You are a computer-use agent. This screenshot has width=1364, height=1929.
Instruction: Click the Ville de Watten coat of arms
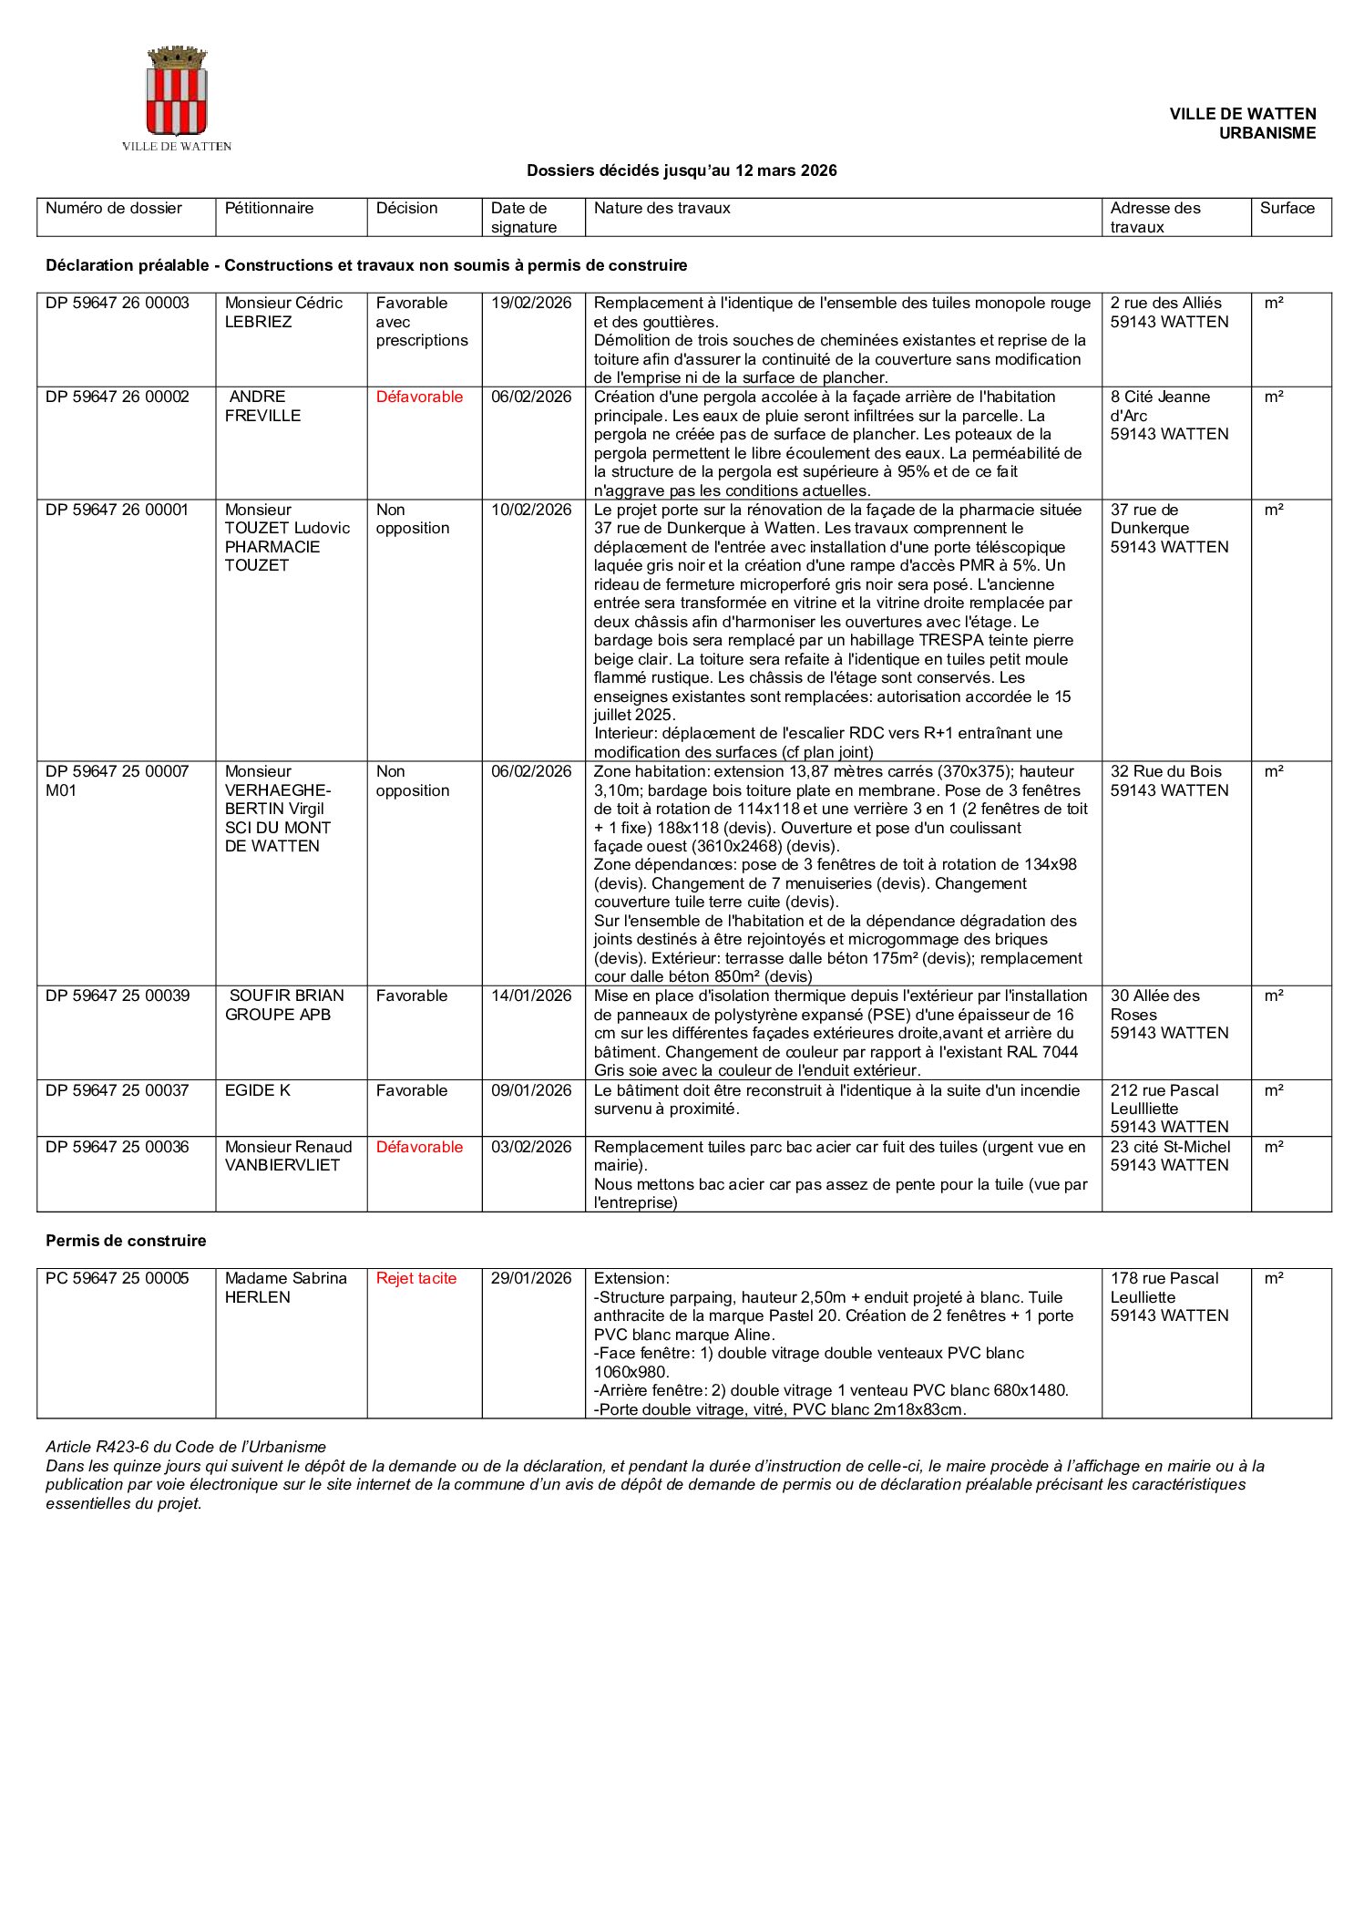point(177,93)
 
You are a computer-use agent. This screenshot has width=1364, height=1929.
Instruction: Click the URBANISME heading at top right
point(1267,133)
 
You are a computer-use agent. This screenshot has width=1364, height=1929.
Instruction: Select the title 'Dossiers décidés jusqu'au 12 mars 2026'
point(682,170)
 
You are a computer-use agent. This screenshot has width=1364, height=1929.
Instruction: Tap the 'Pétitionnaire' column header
point(269,208)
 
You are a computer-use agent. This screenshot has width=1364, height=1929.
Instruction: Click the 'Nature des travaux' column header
point(661,208)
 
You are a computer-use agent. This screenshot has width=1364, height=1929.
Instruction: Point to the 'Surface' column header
point(1287,208)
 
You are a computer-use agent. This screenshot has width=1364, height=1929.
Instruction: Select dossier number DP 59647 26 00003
point(118,303)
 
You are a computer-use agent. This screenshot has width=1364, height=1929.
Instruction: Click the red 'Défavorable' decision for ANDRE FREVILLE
point(419,397)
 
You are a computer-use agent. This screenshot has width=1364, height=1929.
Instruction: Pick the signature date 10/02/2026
point(531,510)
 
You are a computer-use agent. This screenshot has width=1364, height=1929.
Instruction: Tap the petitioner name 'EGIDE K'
point(258,1090)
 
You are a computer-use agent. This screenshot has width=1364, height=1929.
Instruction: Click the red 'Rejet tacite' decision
point(416,1278)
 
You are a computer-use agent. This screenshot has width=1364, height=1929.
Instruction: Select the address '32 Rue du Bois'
point(1165,771)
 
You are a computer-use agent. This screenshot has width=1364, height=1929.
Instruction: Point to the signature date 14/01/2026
point(531,995)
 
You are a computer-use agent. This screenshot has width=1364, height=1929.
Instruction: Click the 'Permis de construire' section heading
point(126,1241)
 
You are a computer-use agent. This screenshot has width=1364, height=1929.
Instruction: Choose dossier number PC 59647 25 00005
point(118,1278)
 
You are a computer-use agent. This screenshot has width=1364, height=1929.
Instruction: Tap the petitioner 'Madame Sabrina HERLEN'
point(286,1287)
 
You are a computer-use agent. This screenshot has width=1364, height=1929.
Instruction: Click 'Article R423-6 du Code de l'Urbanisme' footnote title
point(186,1447)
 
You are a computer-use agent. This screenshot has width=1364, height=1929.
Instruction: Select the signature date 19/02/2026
point(531,303)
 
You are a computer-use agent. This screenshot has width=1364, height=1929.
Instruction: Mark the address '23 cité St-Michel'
point(1170,1147)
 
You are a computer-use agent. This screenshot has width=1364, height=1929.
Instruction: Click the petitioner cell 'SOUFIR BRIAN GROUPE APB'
point(284,1005)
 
